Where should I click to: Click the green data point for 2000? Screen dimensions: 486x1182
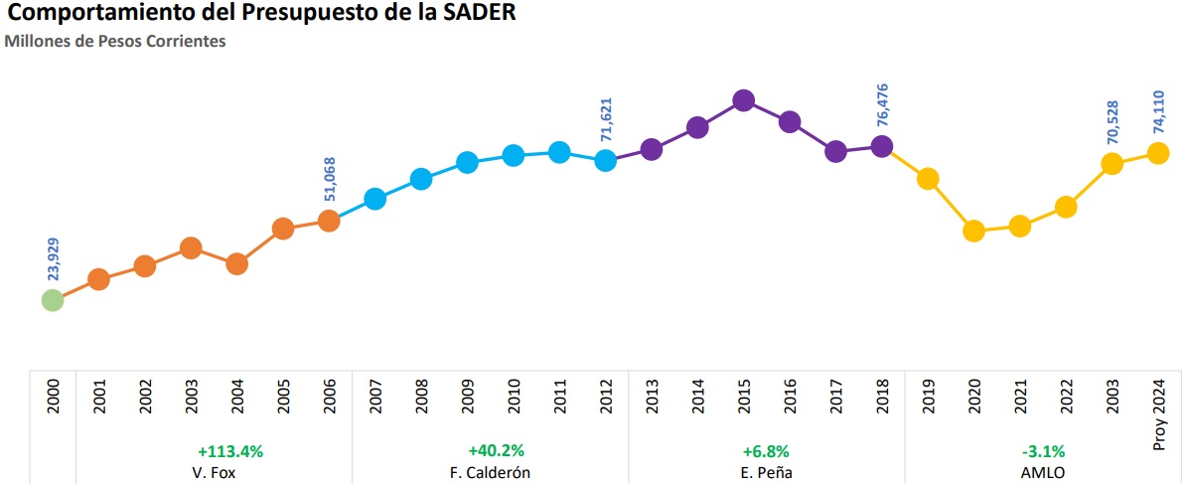53,299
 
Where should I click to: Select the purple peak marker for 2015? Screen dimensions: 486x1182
743,100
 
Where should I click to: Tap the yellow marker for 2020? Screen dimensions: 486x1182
973,232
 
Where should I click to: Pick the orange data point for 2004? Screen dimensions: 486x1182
236,263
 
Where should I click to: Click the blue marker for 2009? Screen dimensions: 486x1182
467,162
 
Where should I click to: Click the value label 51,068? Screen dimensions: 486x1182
330,180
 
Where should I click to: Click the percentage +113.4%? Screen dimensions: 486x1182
229,450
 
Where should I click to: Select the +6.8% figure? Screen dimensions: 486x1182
766,450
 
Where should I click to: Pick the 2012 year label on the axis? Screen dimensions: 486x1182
606,403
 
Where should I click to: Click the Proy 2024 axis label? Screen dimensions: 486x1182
1158,410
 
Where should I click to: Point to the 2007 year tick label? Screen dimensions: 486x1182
375,403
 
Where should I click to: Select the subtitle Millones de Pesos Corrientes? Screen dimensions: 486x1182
116,42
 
